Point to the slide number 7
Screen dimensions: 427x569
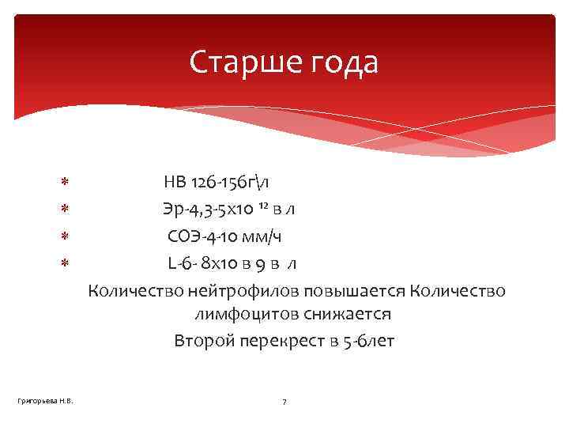[x=284, y=402]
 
